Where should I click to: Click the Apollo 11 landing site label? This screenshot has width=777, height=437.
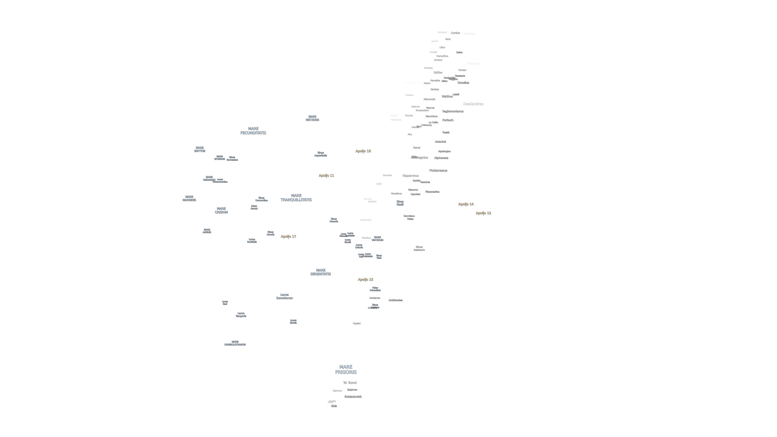click(x=326, y=175)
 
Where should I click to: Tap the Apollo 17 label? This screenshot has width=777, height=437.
click(x=288, y=236)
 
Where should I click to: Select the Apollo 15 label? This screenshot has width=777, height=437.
click(x=365, y=279)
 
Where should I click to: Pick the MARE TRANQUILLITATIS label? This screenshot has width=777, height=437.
click(x=296, y=198)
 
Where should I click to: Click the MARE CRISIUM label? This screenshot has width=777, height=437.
click(x=221, y=210)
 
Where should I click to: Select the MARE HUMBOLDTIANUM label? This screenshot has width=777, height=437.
click(x=235, y=343)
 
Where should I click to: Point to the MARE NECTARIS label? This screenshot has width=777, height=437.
click(x=312, y=118)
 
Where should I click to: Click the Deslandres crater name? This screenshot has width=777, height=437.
click(x=473, y=104)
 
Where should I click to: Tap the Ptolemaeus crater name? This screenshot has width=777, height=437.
click(x=438, y=170)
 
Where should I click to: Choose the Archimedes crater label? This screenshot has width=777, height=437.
click(x=395, y=300)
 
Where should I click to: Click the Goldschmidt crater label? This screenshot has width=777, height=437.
click(x=353, y=397)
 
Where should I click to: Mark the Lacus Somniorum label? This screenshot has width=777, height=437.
click(x=284, y=296)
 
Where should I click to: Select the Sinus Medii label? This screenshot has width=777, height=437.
click(x=400, y=203)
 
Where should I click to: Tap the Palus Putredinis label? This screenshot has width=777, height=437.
click(x=375, y=289)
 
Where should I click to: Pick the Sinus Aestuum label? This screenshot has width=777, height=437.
click(x=419, y=248)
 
